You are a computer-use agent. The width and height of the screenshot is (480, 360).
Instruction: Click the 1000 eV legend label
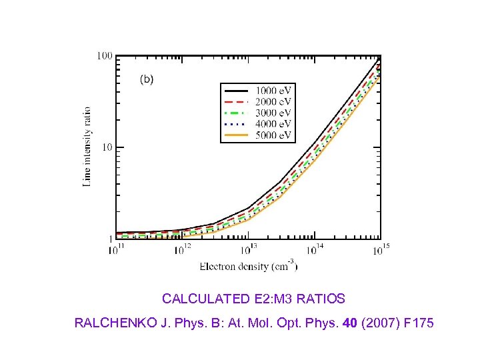pyautogui.click(x=273, y=90)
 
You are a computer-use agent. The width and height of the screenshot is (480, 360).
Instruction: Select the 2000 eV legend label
pyautogui.click(x=273, y=101)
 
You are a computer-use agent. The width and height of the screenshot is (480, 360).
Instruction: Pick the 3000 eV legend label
pyautogui.click(x=273, y=113)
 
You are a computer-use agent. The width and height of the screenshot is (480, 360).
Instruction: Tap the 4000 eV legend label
pyautogui.click(x=273, y=124)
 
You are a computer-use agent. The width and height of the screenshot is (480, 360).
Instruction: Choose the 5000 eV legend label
pyautogui.click(x=273, y=135)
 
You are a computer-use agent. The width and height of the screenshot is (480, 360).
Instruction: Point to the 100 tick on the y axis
pyautogui.click(x=105, y=55)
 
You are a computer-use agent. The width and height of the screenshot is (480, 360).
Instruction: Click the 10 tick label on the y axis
pyautogui.click(x=107, y=147)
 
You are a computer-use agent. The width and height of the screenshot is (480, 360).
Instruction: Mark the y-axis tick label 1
pyautogui.click(x=109, y=239)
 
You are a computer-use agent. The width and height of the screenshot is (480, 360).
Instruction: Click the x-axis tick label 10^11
pyautogui.click(x=117, y=250)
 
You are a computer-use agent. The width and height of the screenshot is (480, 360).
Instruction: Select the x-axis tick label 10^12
pyautogui.click(x=183, y=250)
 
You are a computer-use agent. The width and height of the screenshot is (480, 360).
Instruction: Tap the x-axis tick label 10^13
pyautogui.click(x=248, y=250)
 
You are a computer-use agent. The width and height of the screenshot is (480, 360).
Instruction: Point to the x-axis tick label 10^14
pyautogui.click(x=314, y=250)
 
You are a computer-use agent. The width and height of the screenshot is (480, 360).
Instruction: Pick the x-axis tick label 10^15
pyautogui.click(x=381, y=250)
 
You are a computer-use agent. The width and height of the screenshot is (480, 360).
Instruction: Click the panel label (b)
pyautogui.click(x=146, y=79)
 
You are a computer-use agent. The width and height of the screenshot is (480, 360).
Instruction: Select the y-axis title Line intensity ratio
pyautogui.click(x=87, y=147)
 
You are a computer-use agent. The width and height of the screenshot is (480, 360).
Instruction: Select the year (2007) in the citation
pyautogui.click(x=379, y=323)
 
